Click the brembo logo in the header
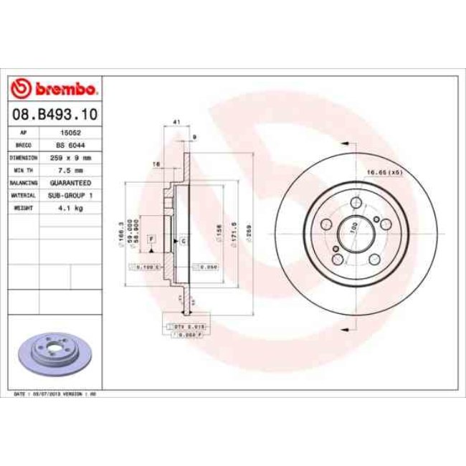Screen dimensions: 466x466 pyautogui.click(x=54, y=89)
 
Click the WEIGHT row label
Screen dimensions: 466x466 pyautogui.click(x=24, y=208)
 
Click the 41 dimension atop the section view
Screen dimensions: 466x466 pyautogui.click(x=176, y=123)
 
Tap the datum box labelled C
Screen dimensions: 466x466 pyautogui.click(x=183, y=241)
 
